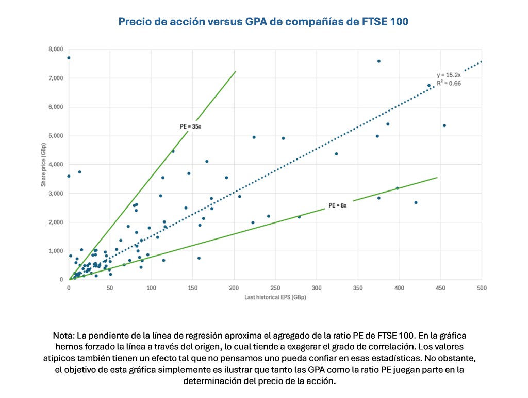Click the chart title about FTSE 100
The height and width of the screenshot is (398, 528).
tap(263, 22)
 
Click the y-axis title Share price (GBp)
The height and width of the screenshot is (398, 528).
tap(44, 165)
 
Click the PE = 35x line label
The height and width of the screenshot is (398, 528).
tap(187, 126)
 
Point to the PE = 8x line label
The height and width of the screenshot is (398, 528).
tap(338, 205)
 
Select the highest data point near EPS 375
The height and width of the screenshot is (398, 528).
tap(378, 61)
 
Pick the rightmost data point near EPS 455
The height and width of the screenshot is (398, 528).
tap(444, 125)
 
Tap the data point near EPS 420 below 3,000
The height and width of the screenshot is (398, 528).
tap(416, 202)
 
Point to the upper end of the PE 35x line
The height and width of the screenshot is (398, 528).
tap(236, 71)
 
